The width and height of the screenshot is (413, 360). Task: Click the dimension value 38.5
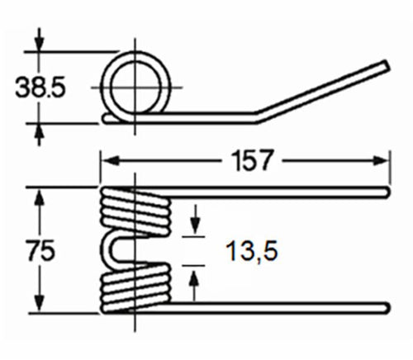pos(40,88)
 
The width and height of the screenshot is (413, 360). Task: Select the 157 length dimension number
pos(252,160)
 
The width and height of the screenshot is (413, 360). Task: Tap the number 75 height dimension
pos(41,250)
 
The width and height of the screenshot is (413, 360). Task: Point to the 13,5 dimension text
pos(251,251)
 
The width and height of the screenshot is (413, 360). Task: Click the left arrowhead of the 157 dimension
pos(110,160)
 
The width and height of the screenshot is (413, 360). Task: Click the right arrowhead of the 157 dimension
pos(381,160)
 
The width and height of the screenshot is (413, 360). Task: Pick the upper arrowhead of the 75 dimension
pos(40,197)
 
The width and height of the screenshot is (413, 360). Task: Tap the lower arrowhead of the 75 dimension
pos(40,303)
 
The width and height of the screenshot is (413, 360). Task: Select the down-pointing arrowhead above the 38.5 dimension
pos(40,42)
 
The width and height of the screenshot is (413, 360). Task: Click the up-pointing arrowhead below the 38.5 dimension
pos(40,133)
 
